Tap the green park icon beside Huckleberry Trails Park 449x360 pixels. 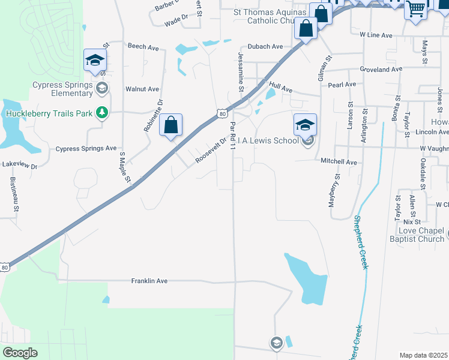(x=103, y=113)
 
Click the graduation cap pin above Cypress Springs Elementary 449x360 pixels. (x=95, y=60)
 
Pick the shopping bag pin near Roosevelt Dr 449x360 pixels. (x=171, y=125)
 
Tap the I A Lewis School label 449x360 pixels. (x=268, y=140)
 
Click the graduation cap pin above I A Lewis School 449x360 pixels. (x=305, y=125)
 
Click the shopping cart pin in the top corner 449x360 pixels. (x=415, y=9)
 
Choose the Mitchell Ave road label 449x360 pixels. (x=339, y=162)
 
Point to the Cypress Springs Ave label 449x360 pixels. (x=86, y=148)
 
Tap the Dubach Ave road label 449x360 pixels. (x=265, y=46)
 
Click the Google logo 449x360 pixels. (x=20, y=353)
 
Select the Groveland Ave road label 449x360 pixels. (x=381, y=69)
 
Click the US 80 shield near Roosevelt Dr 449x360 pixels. (x=223, y=112)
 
